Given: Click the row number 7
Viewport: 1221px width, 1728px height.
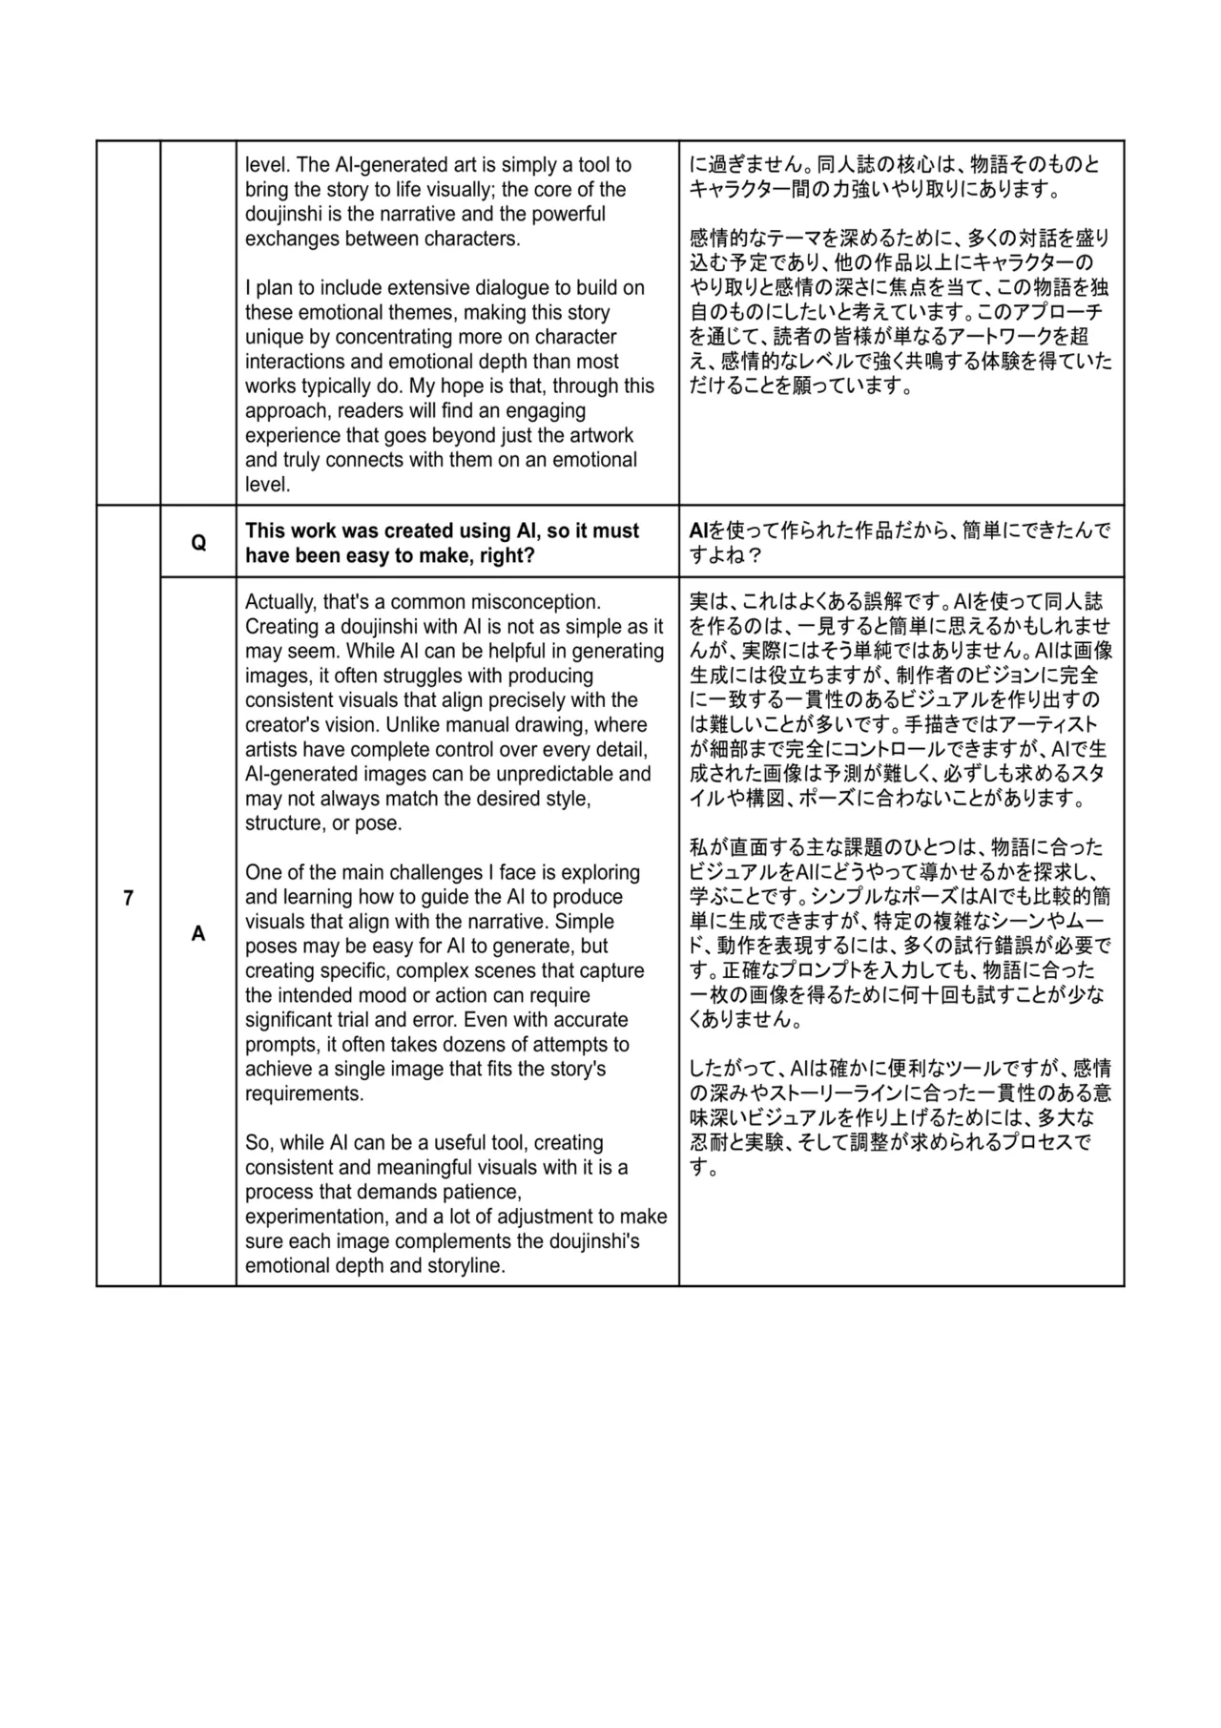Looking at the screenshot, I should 128,898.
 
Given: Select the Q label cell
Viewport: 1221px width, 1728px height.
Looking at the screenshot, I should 198,543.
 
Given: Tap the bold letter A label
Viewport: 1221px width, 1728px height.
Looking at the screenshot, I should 198,933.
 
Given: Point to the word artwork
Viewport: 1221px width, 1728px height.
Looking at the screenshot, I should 600,435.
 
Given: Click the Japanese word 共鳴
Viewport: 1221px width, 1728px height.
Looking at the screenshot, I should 965,362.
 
